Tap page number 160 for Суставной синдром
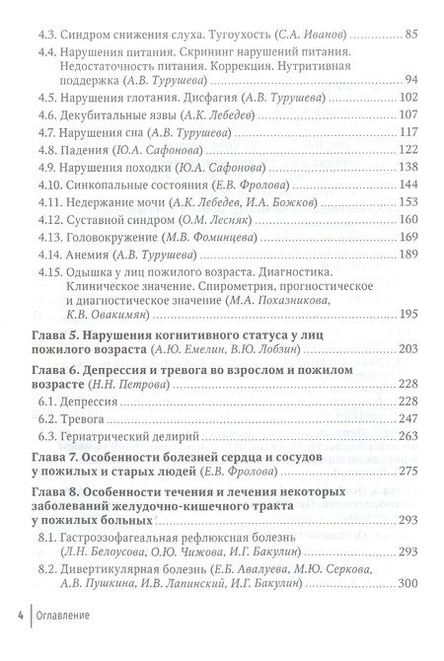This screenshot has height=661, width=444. coord(407,236)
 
